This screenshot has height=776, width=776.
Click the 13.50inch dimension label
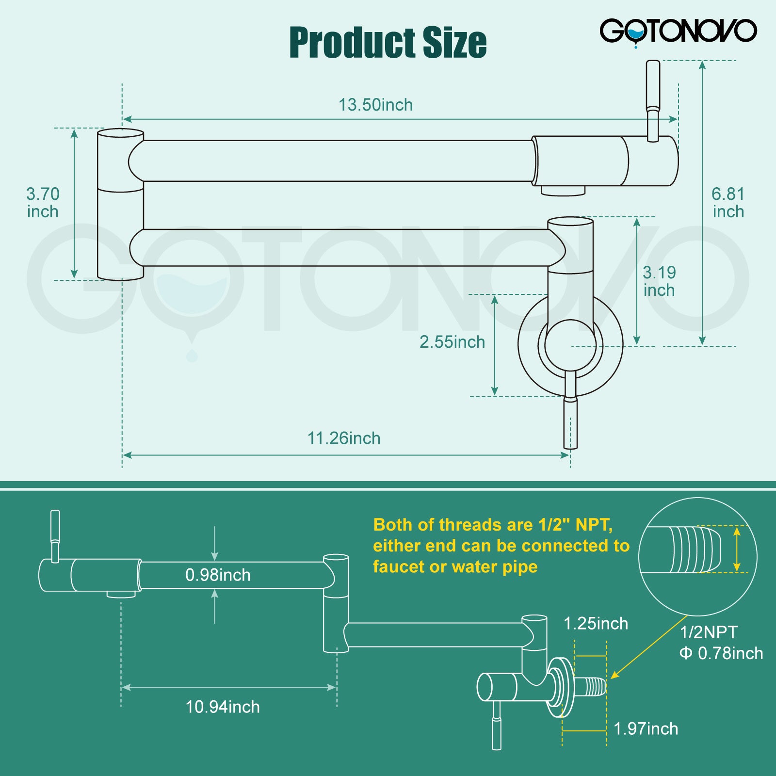[x=375, y=105]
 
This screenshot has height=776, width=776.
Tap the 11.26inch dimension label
[x=343, y=438]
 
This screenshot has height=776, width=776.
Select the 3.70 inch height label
[x=43, y=203]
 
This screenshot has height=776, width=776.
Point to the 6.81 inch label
[x=728, y=203]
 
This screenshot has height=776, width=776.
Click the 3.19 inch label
[x=659, y=281]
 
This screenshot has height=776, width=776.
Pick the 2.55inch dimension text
[x=452, y=342]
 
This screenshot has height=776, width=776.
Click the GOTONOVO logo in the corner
[x=678, y=32]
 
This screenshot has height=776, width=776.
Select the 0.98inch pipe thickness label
[x=218, y=575]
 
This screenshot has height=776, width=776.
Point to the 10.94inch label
[x=223, y=707]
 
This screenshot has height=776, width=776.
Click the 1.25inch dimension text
[x=596, y=624]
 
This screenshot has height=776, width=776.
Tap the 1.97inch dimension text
[x=646, y=729]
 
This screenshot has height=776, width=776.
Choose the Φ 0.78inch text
[x=721, y=653]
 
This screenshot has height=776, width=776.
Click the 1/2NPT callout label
[x=708, y=632]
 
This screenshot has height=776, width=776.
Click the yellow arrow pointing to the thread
[x=648, y=647]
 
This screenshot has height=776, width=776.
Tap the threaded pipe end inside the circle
[x=694, y=550]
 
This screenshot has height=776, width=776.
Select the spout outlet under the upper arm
[x=563, y=191]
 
